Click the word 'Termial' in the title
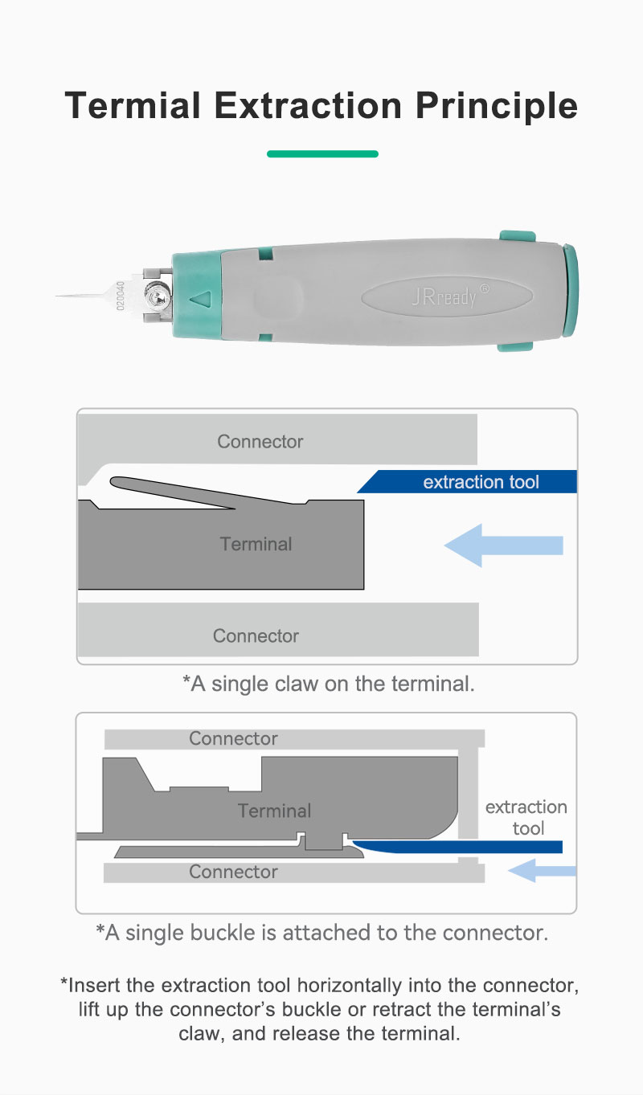tap(133, 105)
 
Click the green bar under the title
tap(323, 154)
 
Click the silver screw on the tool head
tap(158, 296)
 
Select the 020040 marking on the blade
tap(121, 296)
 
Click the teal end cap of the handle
tap(570, 290)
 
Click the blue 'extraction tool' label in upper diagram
tap(481, 482)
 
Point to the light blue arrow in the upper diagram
tap(504, 545)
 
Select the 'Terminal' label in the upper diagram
tap(256, 544)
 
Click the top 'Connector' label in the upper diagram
tap(260, 441)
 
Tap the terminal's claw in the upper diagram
tap(195, 492)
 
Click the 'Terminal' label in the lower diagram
tap(274, 811)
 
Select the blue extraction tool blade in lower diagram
tap(457, 847)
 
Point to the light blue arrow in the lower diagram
tap(542, 871)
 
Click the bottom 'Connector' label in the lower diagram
tap(233, 872)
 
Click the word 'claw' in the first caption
tap(297, 684)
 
